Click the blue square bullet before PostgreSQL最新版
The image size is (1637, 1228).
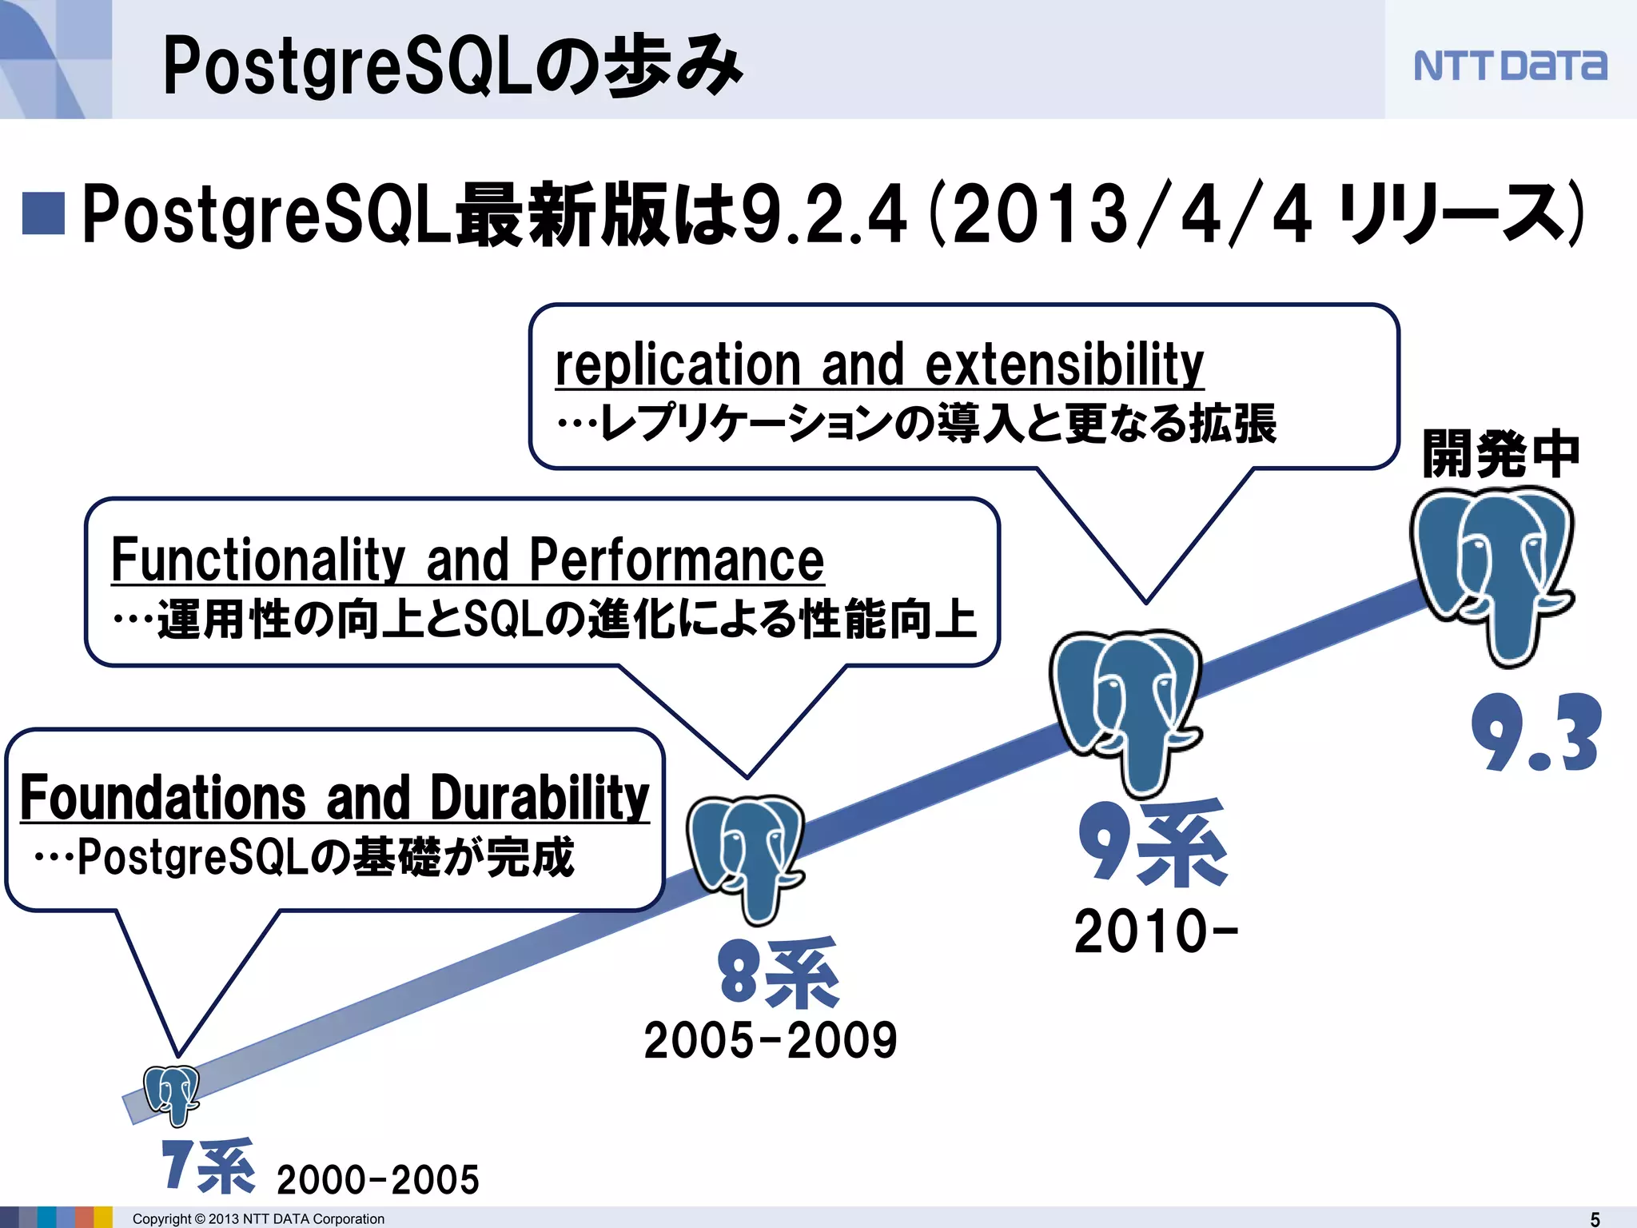(x=43, y=214)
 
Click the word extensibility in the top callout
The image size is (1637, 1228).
(x=1063, y=365)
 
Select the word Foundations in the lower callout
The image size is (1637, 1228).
(x=162, y=797)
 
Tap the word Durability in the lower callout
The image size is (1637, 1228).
(x=540, y=797)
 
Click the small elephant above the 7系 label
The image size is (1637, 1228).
(x=172, y=1094)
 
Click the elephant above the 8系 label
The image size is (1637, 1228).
(x=746, y=855)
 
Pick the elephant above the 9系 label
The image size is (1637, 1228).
(x=1125, y=708)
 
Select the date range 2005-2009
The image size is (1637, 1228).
(x=770, y=1040)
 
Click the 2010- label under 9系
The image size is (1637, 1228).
(x=1155, y=931)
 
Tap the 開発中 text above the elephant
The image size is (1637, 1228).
(x=1501, y=454)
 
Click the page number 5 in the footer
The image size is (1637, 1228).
(x=1595, y=1218)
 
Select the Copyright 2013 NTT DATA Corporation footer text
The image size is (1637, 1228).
(x=258, y=1218)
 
